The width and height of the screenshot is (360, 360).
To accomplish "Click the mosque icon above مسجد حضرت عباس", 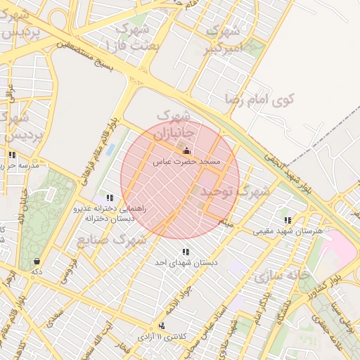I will [x=186, y=151].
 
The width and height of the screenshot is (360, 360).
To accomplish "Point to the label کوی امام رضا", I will [x=259, y=99].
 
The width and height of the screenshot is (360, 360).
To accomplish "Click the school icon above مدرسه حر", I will [x=12, y=155].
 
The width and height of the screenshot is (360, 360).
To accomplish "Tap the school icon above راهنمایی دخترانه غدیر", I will [x=109, y=198].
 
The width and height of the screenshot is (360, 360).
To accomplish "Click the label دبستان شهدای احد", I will [x=186, y=262].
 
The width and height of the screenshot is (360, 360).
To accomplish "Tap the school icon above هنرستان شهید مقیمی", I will [x=287, y=220].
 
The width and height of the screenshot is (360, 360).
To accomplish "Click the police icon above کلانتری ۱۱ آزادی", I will [x=163, y=326].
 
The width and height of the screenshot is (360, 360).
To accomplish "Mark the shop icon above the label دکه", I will [x=36, y=261].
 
